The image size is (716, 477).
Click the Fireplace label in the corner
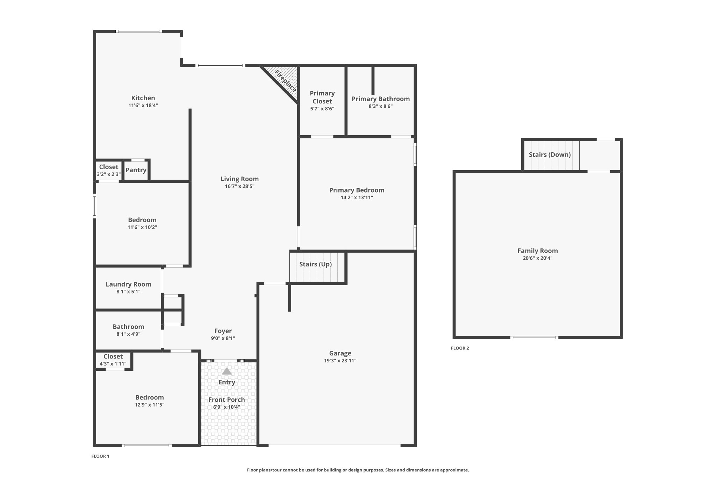click(286, 81)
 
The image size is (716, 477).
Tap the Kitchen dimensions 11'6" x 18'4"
click(143, 106)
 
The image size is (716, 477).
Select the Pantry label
click(136, 170)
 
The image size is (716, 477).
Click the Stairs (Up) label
click(315, 264)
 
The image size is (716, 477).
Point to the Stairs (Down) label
click(550, 154)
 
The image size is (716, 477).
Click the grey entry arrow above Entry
click(227, 371)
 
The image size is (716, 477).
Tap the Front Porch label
click(227, 400)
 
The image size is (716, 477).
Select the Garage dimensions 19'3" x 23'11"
click(340, 361)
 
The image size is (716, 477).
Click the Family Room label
click(537, 251)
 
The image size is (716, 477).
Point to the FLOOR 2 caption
click(460, 348)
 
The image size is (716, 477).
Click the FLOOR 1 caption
click(100, 456)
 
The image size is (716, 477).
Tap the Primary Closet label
click(322, 97)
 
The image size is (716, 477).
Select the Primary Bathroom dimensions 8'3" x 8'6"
click(380, 107)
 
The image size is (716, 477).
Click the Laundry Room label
click(128, 284)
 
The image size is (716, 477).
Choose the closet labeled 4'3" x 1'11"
click(113, 360)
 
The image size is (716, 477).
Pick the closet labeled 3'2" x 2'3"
click(108, 170)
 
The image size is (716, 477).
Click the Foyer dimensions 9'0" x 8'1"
click(223, 338)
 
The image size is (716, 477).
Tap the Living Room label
click(239, 179)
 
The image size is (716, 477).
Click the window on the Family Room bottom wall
click(534, 338)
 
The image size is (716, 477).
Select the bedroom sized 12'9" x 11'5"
click(149, 400)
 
